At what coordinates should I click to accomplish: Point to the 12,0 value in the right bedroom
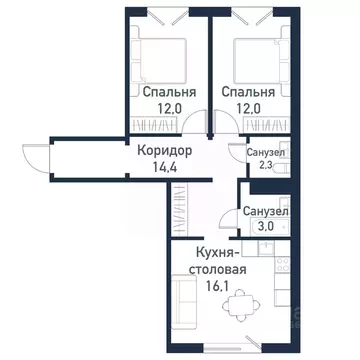click(245, 109)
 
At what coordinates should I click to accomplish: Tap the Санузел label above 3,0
click(267, 213)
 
